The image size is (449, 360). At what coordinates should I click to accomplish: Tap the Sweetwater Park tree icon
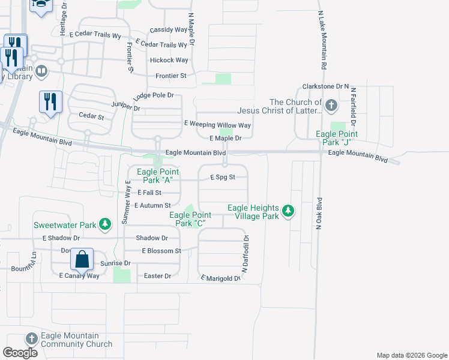pos(106,224)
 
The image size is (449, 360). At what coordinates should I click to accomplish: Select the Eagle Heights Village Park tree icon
pos(289,211)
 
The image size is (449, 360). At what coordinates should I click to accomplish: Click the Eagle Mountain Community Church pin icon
pos(32,340)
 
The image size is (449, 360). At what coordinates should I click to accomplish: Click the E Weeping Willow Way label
pos(217,125)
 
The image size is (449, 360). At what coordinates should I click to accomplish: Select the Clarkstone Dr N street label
pos(326,86)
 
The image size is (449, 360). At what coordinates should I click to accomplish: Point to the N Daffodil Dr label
pos(246,254)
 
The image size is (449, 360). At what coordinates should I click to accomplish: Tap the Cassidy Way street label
pos(169,29)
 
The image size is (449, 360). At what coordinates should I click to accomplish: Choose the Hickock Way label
pos(169,60)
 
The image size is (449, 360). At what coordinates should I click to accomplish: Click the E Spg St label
pos(222,178)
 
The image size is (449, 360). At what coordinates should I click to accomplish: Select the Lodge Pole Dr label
pos(153,95)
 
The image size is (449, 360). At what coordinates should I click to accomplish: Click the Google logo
pos(20,353)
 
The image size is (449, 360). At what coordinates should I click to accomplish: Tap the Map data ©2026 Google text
pos(412,355)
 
